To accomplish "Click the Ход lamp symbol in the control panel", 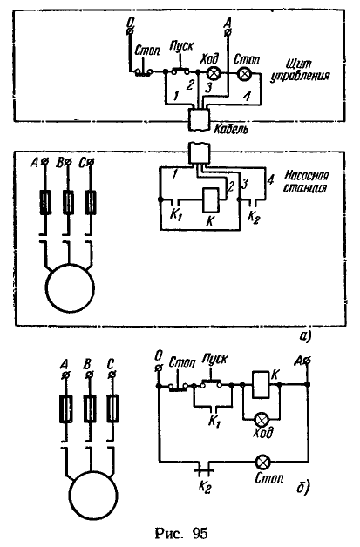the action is coord(213,73).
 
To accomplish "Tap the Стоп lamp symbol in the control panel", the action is coord(243,73).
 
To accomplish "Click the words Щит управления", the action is coord(300,70).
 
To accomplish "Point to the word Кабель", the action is coord(231,130).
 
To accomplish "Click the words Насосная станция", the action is coord(305,181).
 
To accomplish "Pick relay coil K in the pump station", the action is coord(211,200).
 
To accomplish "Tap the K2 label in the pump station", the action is coord(254,217).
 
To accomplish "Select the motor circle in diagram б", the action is coord(93,496).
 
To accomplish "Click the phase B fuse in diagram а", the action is coord(68,202).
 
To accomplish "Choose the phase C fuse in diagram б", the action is coord(112,409).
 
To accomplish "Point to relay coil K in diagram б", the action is coord(261,385).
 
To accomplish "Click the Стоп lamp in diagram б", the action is coord(262,463).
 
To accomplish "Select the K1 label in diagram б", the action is coord(214,422).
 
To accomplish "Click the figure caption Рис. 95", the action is coord(181,533).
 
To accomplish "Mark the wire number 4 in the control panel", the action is coord(247,97).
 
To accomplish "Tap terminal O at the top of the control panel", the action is coord(130,31).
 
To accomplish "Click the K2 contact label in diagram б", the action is coord(204,487).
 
